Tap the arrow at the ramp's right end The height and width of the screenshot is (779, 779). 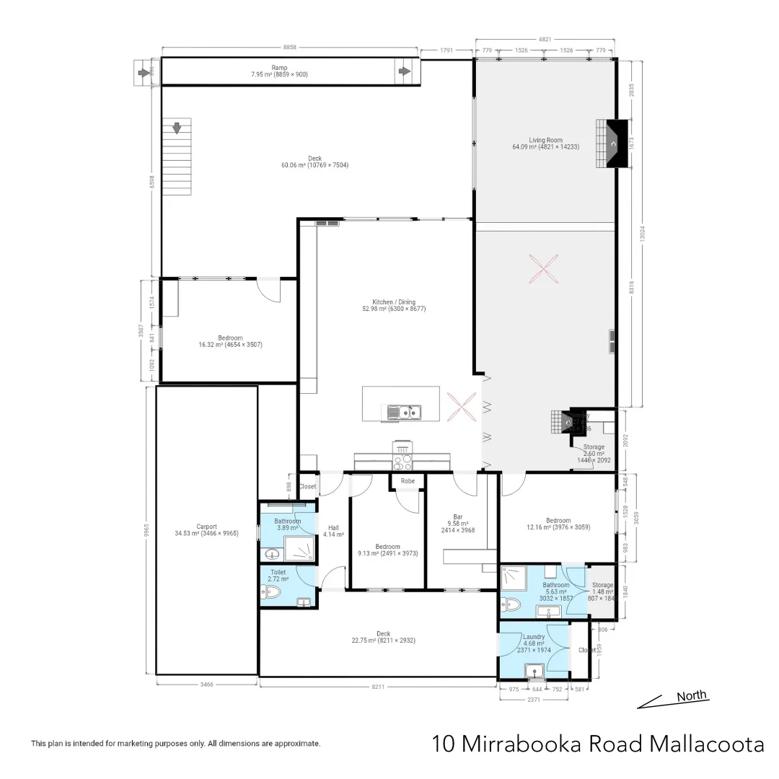(x=405, y=71)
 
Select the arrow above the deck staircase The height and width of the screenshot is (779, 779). (x=176, y=128)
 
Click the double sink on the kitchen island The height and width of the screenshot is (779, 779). (x=404, y=413)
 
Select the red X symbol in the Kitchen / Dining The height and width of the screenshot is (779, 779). (x=462, y=405)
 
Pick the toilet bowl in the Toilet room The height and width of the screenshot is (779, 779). (x=272, y=593)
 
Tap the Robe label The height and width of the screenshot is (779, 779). (x=408, y=480)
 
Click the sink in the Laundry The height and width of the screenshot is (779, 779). (x=535, y=672)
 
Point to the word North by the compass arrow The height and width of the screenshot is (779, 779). (x=691, y=696)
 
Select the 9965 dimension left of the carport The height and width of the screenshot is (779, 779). (x=146, y=530)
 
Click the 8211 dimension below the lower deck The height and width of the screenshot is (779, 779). (x=379, y=687)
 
